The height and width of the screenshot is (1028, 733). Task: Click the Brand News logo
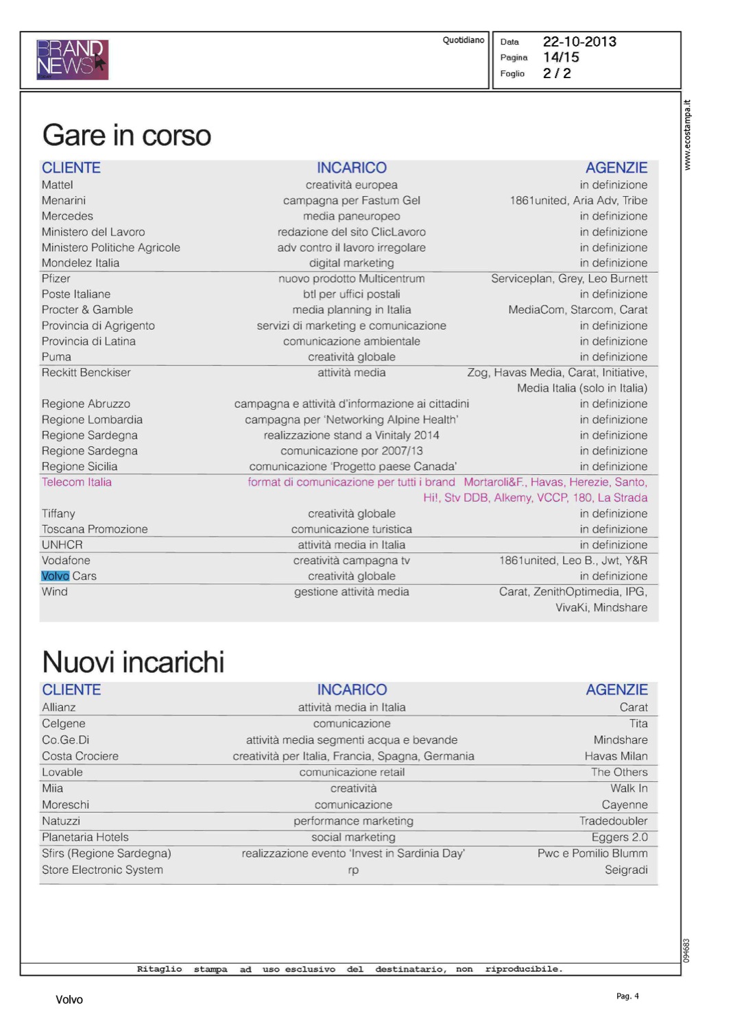tap(72, 59)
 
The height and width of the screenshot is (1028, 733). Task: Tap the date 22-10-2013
tap(579, 42)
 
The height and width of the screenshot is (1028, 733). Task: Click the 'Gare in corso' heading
tap(127, 136)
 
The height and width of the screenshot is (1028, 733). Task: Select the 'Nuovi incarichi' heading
tap(133, 662)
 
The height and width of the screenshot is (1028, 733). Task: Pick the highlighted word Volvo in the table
tap(55, 576)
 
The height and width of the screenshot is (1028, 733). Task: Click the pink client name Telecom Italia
tap(76, 482)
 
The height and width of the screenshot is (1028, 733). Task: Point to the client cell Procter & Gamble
tap(87, 310)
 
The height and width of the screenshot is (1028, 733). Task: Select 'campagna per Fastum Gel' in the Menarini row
tap(351, 201)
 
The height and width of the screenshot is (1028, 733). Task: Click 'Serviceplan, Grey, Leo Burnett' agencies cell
tap(568, 279)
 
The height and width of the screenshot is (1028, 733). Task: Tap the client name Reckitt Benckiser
tap(86, 373)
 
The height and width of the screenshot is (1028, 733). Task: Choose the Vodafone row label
tap(66, 561)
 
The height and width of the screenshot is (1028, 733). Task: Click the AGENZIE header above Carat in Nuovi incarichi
tap(616, 690)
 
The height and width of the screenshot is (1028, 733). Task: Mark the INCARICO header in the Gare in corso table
tap(351, 168)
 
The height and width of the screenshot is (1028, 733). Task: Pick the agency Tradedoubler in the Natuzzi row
tap(613, 821)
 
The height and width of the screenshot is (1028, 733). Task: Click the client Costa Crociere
tap(80, 757)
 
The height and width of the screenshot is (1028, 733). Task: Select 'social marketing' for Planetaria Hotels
tap(353, 837)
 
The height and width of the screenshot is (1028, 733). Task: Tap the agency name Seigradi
tap(625, 870)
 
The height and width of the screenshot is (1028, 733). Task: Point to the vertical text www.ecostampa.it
tap(687, 135)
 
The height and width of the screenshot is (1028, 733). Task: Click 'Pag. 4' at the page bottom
tap(627, 996)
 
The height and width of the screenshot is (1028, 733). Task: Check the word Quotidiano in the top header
tap(463, 40)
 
